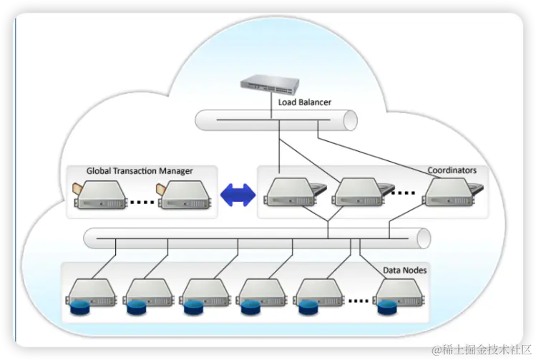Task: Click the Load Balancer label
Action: point(305,102)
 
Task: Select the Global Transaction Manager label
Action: point(140,171)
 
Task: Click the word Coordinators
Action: point(452,170)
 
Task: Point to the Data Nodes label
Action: point(405,271)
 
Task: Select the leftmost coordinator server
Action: point(290,192)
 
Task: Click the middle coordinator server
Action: point(358,192)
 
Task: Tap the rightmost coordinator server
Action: point(449,192)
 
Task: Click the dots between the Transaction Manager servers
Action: point(143,202)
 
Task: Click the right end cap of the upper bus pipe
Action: point(350,120)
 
